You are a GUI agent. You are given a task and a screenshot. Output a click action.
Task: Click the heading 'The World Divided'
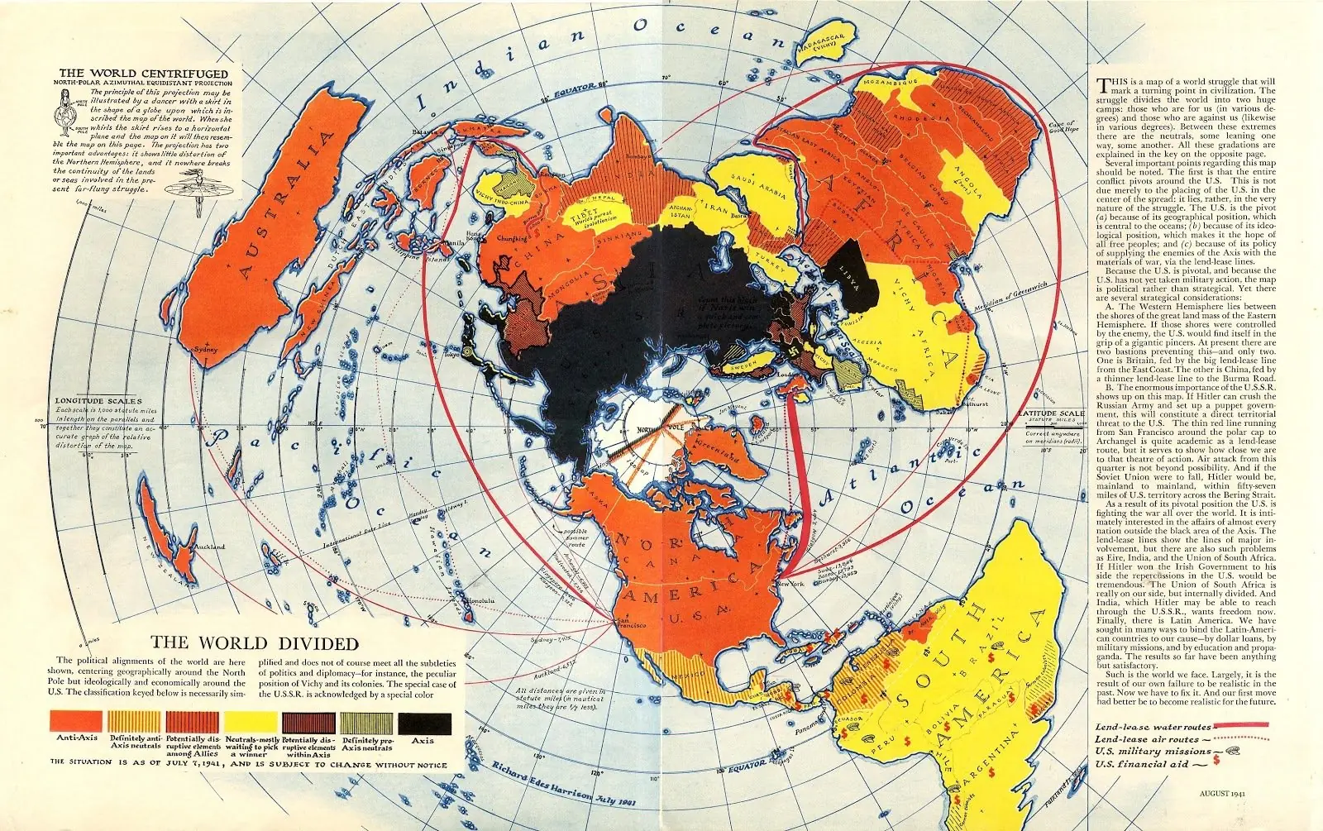click(x=254, y=643)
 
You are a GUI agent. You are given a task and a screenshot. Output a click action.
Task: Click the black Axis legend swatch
click(x=425, y=724)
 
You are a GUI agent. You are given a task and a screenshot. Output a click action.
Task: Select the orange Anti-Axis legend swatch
click(x=76, y=721)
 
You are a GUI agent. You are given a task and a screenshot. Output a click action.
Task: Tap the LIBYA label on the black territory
click(x=849, y=277)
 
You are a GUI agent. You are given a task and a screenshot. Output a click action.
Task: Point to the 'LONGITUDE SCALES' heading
click(x=98, y=401)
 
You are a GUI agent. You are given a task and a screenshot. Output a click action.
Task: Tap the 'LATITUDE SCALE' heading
click(x=1051, y=413)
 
